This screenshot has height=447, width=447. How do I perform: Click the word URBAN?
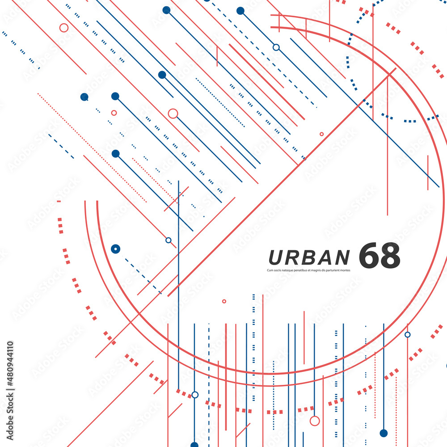[x=309, y=257]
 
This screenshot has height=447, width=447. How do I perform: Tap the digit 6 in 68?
[x=369, y=256]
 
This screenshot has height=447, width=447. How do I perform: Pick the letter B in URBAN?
[x=309, y=257]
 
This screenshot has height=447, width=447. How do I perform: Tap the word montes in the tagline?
[x=345, y=270]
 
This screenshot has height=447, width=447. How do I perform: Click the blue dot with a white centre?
[x=115, y=249]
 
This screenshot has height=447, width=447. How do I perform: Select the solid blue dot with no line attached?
[x=84, y=97]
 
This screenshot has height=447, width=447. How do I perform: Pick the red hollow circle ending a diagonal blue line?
[x=173, y=114]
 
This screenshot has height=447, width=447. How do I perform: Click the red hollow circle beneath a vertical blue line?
[x=315, y=421]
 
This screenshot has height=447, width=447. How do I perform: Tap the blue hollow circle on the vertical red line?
[x=407, y=334]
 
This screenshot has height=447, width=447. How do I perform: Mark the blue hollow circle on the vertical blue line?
[x=195, y=395]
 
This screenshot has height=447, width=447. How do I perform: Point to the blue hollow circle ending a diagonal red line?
[x=168, y=240]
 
